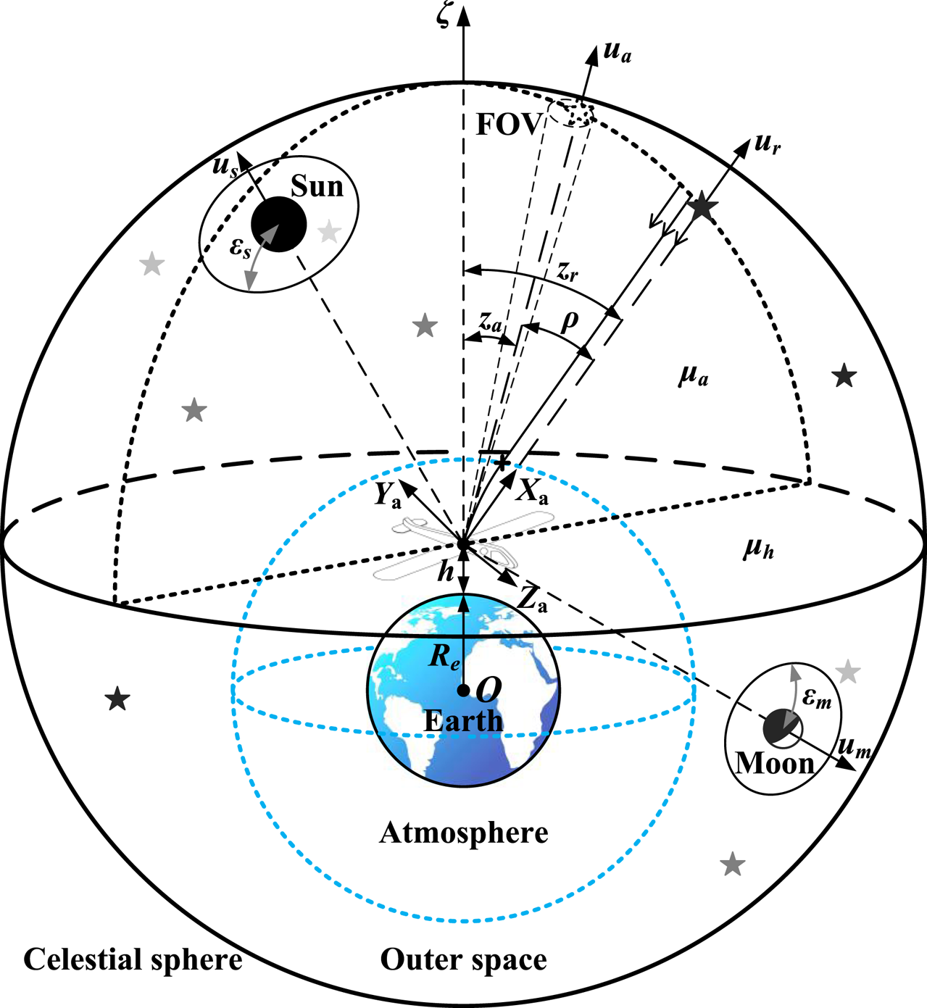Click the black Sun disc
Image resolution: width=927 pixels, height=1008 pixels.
click(x=278, y=224)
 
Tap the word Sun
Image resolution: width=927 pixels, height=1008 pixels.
click(x=317, y=187)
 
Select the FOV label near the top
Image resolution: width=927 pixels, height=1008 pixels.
click(x=508, y=125)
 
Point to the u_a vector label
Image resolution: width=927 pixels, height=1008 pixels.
click(x=617, y=52)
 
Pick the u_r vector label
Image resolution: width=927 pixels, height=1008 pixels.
click(x=767, y=143)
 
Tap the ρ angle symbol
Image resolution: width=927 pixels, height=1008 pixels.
click(x=570, y=320)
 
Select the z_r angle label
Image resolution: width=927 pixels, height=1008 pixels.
click(x=568, y=272)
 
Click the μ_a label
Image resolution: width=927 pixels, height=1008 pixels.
click(x=693, y=375)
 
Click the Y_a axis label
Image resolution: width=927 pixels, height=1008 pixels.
click(x=387, y=494)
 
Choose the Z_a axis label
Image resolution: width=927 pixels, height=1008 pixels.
click(x=532, y=599)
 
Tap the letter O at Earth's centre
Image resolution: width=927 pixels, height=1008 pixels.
click(x=489, y=689)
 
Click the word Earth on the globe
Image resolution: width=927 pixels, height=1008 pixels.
click(x=463, y=721)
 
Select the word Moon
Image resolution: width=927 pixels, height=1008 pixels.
click(x=775, y=763)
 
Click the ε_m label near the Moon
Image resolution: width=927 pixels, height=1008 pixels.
click(x=817, y=700)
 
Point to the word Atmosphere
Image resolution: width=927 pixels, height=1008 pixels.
click(x=463, y=833)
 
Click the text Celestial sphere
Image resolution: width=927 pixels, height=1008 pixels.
click(x=133, y=959)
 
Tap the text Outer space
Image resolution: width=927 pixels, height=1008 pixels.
click(x=463, y=959)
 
